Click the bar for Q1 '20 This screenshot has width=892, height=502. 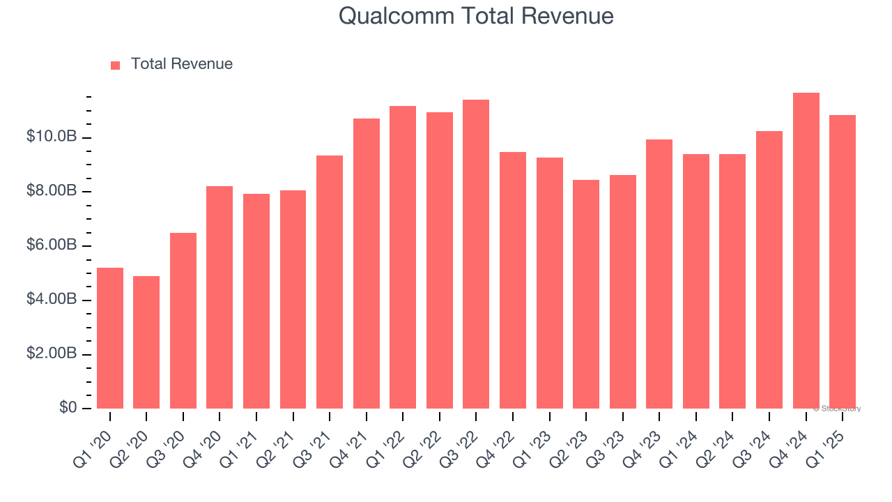tap(110, 338)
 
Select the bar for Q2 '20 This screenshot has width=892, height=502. tap(146, 342)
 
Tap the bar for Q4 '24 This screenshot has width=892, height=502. tap(806, 251)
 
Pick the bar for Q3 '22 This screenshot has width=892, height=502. tap(476, 254)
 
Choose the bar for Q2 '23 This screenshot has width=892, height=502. tap(586, 294)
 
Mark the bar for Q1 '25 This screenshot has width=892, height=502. tap(843, 262)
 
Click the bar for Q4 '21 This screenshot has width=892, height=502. tap(367, 264)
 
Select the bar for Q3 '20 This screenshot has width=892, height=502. tap(183, 321)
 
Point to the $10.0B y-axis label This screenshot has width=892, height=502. tap(52, 137)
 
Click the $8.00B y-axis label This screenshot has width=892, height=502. tap(52, 191)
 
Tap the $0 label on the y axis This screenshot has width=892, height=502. tap(68, 408)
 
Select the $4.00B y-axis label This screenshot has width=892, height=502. tap(52, 300)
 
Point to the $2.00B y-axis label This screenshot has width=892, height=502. tap(52, 354)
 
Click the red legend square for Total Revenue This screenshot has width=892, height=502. tap(116, 65)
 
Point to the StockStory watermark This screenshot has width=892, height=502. tap(837, 409)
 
